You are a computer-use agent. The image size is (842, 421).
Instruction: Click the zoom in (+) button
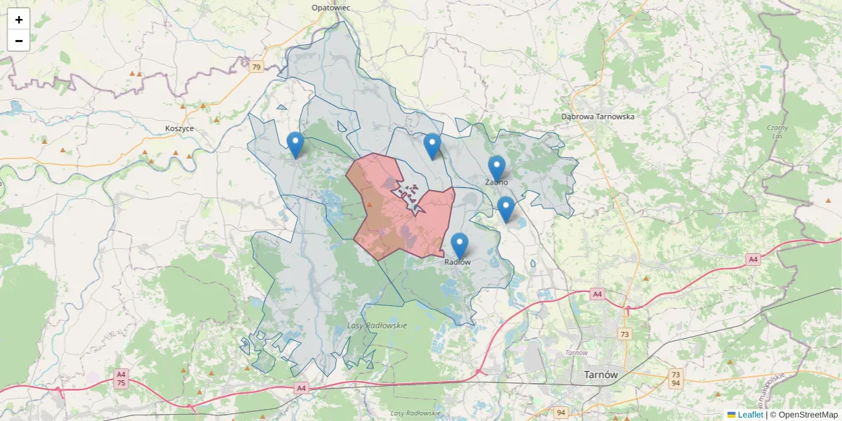[19, 20]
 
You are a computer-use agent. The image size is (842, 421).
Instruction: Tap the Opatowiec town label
[330, 8]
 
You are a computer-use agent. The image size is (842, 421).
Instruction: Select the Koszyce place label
[180, 128]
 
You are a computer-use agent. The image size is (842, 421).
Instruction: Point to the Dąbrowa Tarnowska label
[598, 116]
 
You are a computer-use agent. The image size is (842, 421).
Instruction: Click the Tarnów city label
[601, 375]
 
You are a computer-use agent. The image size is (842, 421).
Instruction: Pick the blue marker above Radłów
[460, 246]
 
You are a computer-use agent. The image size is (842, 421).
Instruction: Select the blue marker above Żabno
[497, 168]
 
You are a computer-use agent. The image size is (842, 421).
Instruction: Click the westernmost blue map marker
[295, 145]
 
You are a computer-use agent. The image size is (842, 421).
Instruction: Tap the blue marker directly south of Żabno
[506, 209]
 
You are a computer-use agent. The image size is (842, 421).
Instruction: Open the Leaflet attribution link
[750, 415]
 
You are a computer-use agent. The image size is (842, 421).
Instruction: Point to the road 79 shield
[256, 67]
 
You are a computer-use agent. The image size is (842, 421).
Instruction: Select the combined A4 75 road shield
[121, 379]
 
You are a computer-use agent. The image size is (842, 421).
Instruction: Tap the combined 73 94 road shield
[675, 379]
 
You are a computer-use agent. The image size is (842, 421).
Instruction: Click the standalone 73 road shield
[624, 334]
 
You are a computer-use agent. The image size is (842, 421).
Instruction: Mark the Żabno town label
[497, 182]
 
